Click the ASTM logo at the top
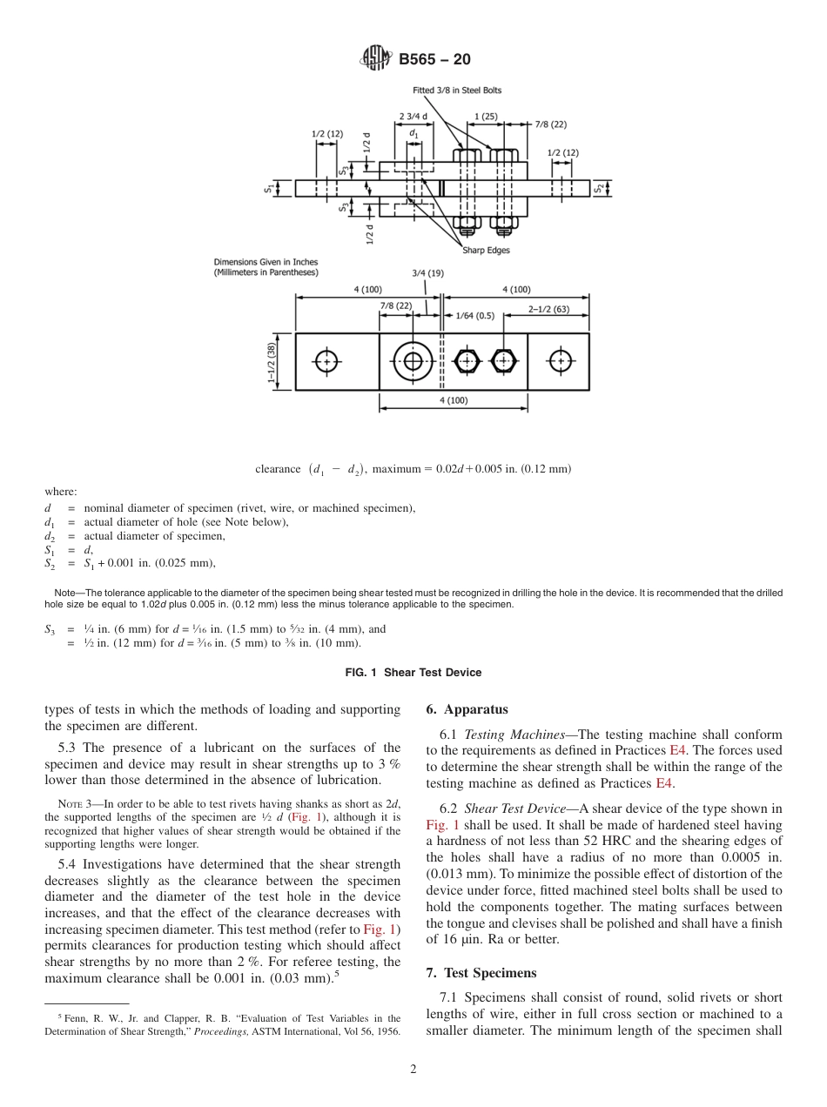[377, 59]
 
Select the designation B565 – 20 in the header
[434, 59]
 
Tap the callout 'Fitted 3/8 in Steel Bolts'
[456, 91]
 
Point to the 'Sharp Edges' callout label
[486, 251]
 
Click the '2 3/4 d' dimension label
[413, 117]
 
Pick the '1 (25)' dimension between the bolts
[486, 117]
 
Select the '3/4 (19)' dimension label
[427, 273]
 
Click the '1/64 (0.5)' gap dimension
[475, 316]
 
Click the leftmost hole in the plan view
[327, 360]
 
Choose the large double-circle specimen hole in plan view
[413, 360]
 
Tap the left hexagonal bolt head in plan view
[468, 360]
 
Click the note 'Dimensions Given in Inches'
[266, 262]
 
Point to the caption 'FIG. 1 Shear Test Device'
[413, 672]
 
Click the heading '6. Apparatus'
[467, 709]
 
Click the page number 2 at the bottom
[413, 1070]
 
